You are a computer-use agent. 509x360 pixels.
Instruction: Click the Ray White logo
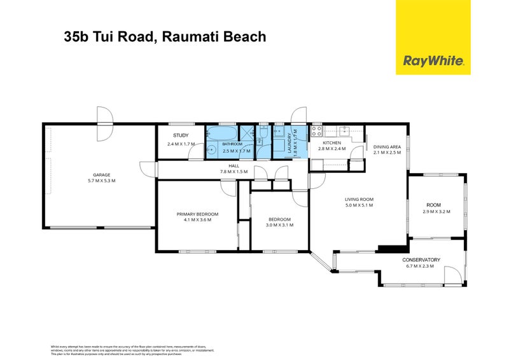click(433, 61)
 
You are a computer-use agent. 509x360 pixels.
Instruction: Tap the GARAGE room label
click(101, 175)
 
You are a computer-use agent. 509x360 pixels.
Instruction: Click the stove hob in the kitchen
click(316, 132)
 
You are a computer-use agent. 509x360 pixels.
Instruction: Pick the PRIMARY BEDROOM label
click(197, 214)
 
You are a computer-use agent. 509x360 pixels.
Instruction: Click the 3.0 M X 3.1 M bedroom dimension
click(279, 225)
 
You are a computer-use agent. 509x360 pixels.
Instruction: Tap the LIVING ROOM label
click(359, 199)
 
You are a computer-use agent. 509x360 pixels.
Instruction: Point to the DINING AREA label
click(387, 146)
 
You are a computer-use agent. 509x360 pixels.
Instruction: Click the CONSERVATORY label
click(421, 260)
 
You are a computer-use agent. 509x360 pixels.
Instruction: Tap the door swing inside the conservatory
click(451, 275)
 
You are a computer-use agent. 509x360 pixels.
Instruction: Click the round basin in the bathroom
click(210, 150)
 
